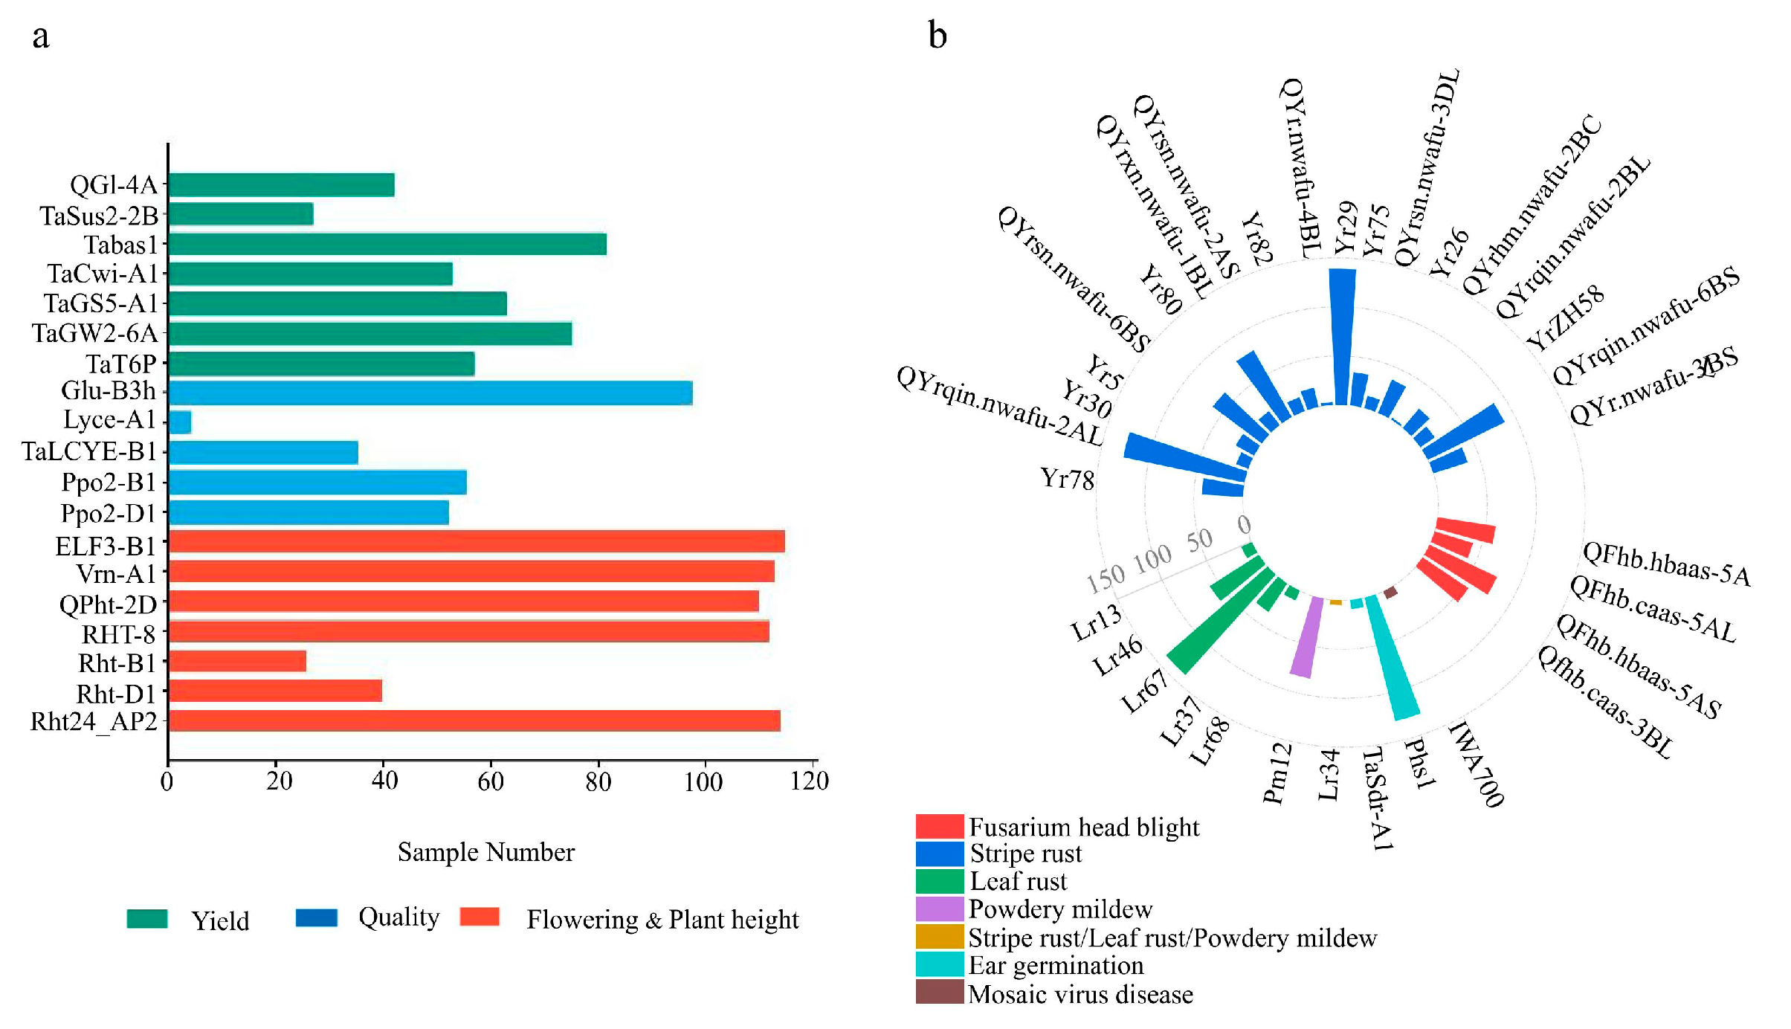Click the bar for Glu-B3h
430,393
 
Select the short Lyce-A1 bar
180,422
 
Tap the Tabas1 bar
387,244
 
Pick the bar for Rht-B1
237,661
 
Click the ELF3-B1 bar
477,541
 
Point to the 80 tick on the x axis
598,781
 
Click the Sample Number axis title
485,852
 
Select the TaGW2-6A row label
94,333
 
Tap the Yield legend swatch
147,919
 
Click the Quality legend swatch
316,917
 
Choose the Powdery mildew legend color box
939,909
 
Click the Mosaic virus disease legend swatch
939,993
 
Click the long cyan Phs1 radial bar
1392,658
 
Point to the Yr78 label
1067,479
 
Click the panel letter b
938,35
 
